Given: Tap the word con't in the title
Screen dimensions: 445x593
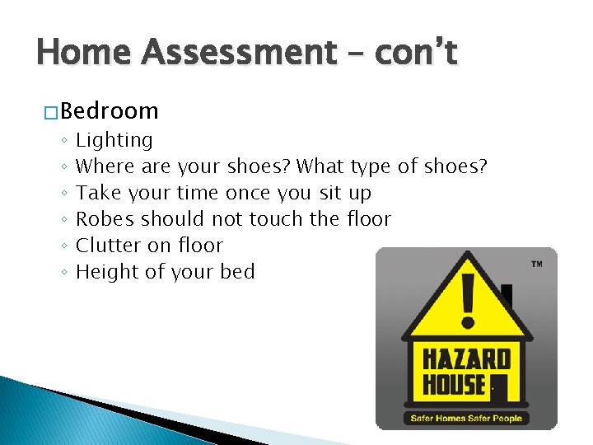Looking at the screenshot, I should (416, 54).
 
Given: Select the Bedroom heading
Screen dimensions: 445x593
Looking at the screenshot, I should (109, 111).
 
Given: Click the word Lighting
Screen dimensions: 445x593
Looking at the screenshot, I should (114, 141).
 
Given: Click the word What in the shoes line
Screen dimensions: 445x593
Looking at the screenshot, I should (321, 167).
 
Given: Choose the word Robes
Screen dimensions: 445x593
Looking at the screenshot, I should (105, 220).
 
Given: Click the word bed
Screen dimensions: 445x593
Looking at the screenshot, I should (238, 272).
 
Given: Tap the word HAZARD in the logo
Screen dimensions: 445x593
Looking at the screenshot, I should (466, 360).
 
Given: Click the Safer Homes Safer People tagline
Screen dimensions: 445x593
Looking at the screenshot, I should (466, 419).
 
